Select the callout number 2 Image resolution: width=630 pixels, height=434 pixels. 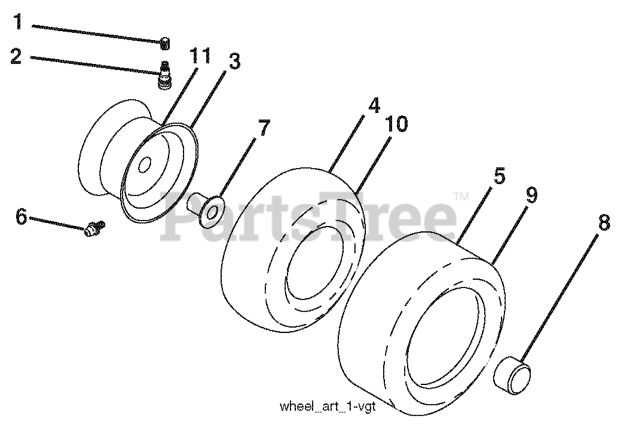tap(16, 57)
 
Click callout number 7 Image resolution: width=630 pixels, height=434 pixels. tap(264, 127)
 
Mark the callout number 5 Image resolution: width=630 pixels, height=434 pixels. tap(499, 176)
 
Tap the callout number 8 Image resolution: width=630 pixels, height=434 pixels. tap(603, 223)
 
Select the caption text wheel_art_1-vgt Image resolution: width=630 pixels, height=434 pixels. tap(335, 407)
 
